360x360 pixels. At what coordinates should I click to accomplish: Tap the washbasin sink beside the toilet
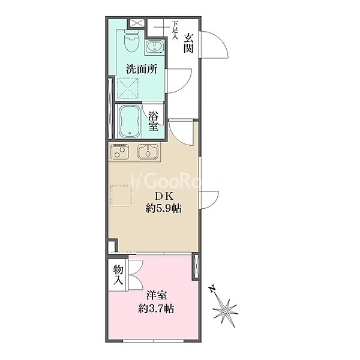point(155,46)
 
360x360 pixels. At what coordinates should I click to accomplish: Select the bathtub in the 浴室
point(129,121)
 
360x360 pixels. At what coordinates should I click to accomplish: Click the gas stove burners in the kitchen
point(119,151)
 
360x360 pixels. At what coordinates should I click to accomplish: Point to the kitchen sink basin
point(148,151)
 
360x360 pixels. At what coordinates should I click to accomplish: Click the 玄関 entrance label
point(188,43)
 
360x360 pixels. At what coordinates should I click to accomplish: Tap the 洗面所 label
point(142,69)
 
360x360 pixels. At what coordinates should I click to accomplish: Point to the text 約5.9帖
point(163,209)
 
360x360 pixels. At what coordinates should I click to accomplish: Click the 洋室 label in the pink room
point(157,295)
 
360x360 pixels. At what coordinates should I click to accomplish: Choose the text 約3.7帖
point(156,309)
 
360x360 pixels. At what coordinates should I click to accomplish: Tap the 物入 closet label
point(118,275)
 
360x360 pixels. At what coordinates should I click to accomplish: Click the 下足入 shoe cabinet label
point(175,30)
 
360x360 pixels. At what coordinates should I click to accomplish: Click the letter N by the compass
point(212,289)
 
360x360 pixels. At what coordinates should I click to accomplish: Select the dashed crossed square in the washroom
point(128,88)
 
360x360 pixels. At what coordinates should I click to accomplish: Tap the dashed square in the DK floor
point(121,196)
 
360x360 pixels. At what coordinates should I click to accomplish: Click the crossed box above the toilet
point(137,23)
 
